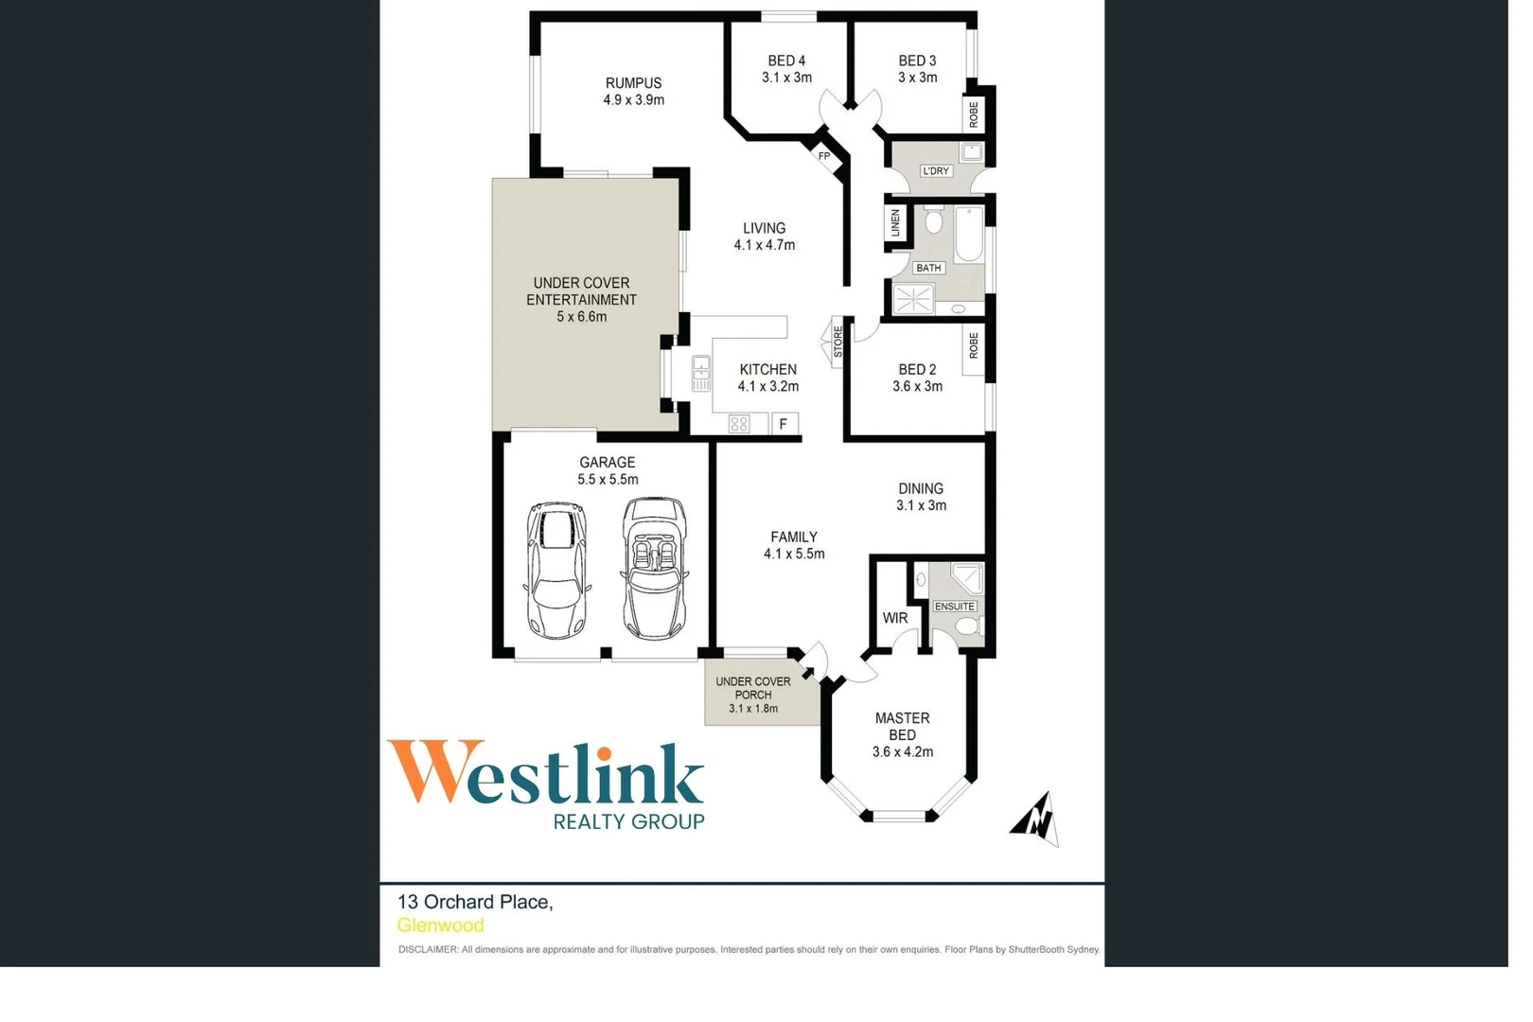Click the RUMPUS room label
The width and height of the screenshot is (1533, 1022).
(x=633, y=83)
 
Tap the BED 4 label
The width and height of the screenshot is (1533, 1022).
(x=786, y=61)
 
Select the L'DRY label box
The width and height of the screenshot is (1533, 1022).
(x=935, y=171)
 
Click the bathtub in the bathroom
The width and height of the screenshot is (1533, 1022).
(x=968, y=234)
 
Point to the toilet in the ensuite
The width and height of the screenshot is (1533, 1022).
(x=966, y=626)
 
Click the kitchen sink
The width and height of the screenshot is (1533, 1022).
(x=700, y=374)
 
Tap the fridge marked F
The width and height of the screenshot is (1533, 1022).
(x=784, y=424)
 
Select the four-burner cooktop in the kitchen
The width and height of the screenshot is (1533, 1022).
(x=739, y=425)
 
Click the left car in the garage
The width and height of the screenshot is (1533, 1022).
(x=556, y=570)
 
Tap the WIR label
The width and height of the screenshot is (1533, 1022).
(x=895, y=618)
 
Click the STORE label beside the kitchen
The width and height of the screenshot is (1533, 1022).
(x=837, y=342)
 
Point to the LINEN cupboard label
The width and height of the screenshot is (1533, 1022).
(x=895, y=223)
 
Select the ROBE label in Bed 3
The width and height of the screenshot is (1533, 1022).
(x=974, y=115)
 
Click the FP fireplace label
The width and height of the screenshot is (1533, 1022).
(x=824, y=156)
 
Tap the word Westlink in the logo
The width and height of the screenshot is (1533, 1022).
(x=546, y=774)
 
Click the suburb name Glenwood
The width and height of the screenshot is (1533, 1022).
(x=440, y=925)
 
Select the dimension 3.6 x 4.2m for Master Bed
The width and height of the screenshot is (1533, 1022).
(x=902, y=752)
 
